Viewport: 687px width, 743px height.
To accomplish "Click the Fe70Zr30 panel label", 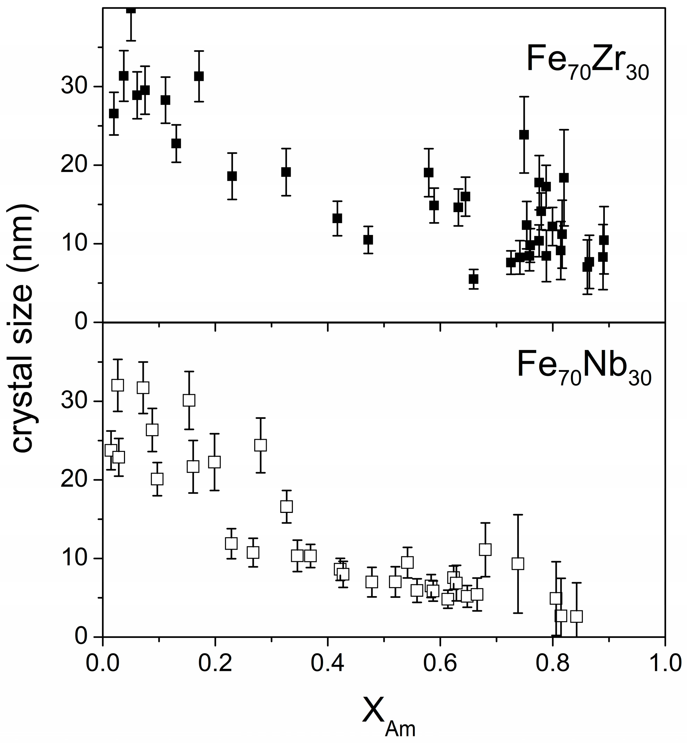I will click(x=587, y=63).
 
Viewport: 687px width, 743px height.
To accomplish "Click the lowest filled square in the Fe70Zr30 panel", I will click(x=473, y=279).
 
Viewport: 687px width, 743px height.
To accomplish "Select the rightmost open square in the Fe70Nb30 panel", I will click(x=576, y=617).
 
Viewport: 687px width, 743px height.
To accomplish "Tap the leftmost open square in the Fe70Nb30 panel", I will click(x=111, y=450).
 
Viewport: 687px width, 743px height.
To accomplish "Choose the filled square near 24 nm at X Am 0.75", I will click(x=524, y=134).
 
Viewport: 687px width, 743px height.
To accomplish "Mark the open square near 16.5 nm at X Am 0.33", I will click(x=286, y=506).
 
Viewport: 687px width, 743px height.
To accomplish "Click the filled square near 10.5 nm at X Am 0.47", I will click(x=368, y=240).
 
